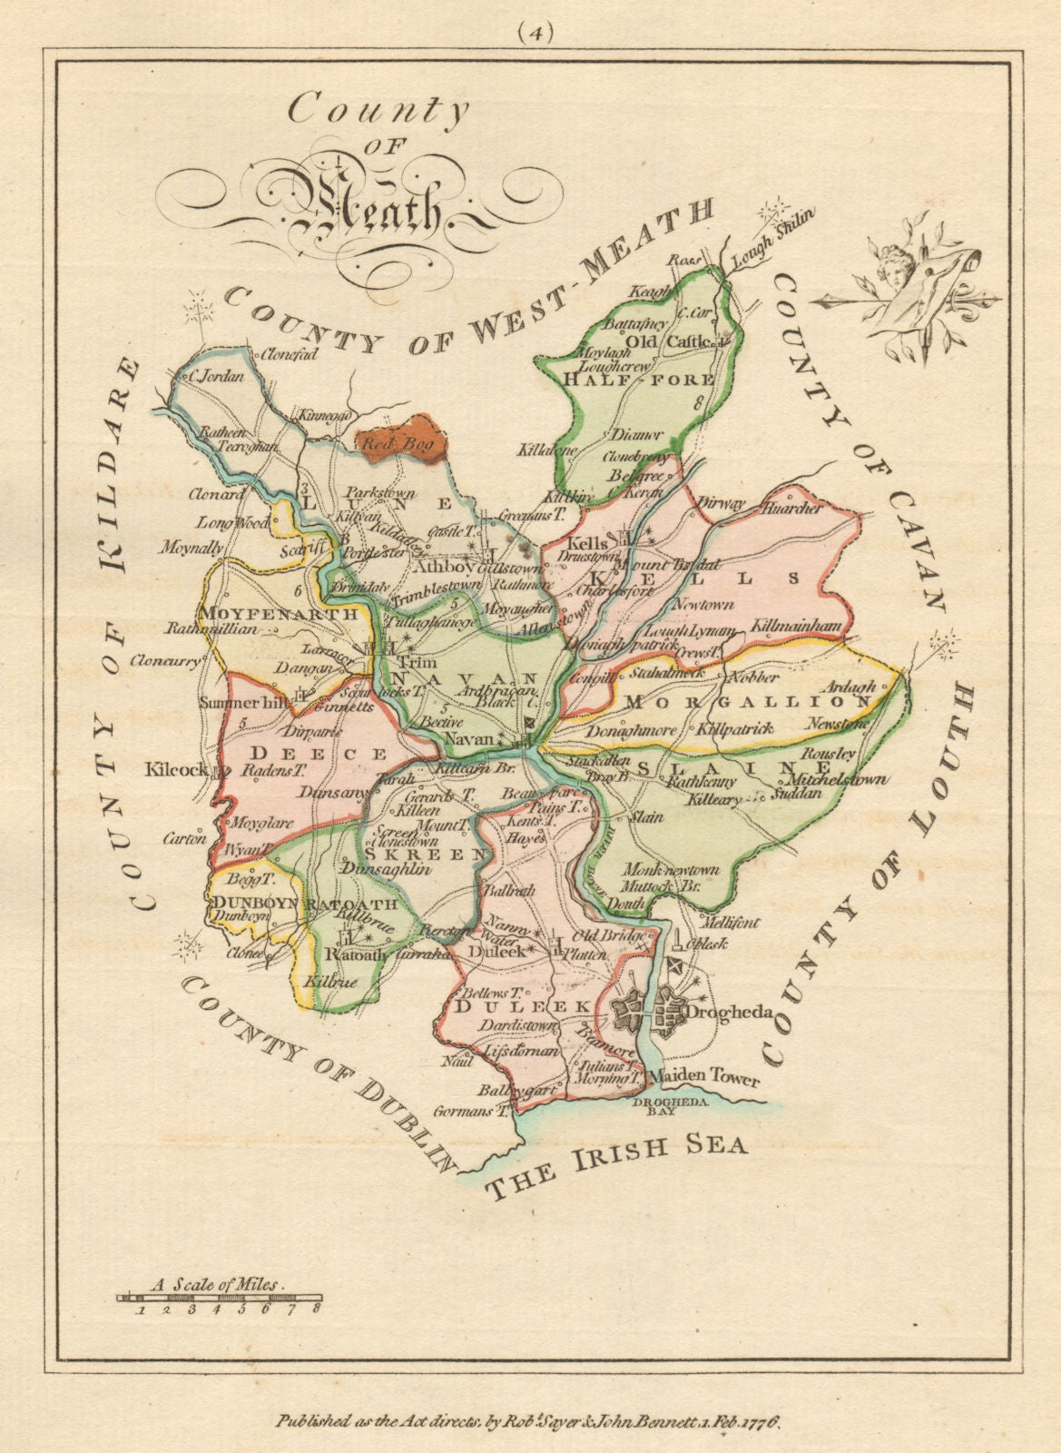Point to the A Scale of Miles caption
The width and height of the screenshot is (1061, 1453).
point(217,1285)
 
